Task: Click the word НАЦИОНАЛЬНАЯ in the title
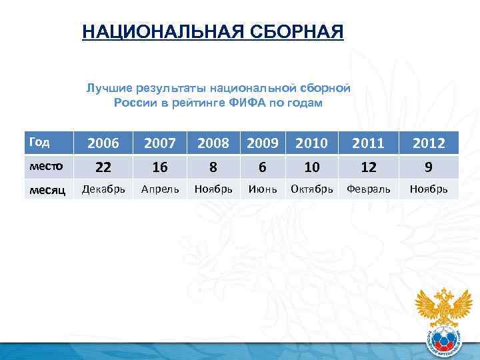pyautogui.click(x=159, y=32)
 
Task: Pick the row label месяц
pyautogui.click(x=45, y=190)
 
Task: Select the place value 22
pyautogui.click(x=103, y=166)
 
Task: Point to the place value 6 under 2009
pyautogui.click(x=263, y=166)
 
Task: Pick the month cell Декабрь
pyautogui.click(x=103, y=189)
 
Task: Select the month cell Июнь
pyautogui.click(x=263, y=189)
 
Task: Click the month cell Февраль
pyautogui.click(x=368, y=189)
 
